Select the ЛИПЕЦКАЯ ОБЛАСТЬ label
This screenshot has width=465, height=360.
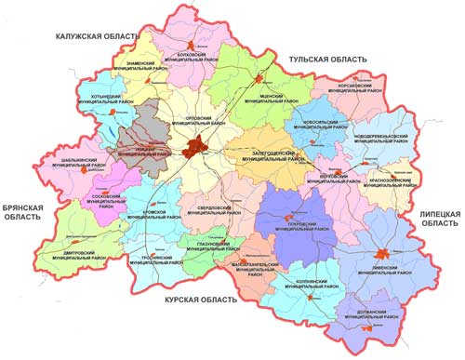click(437, 218)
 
